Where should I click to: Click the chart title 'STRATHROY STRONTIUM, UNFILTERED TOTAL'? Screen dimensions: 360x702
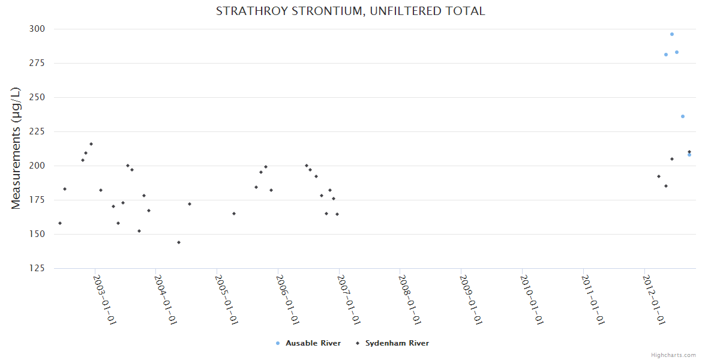(350, 11)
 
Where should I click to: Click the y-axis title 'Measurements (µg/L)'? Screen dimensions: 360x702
(16, 148)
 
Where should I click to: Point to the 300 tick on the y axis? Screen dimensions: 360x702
(37, 29)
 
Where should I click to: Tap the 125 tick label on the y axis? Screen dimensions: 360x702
(37, 268)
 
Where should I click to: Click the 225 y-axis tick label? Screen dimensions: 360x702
(37, 131)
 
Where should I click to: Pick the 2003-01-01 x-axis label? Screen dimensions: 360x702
(104, 299)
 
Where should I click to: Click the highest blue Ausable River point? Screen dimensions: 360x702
(672, 34)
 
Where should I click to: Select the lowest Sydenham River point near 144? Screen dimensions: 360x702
(179, 242)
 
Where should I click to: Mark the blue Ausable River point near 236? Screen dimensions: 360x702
(683, 116)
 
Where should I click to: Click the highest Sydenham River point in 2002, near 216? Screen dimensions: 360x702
(91, 144)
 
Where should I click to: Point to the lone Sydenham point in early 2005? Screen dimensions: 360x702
(234, 214)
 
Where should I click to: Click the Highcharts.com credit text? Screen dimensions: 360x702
(673, 355)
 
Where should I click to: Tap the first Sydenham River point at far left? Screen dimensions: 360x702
(60, 223)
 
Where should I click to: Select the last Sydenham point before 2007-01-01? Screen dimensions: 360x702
(337, 214)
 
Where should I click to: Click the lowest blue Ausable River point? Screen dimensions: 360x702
(689, 155)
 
